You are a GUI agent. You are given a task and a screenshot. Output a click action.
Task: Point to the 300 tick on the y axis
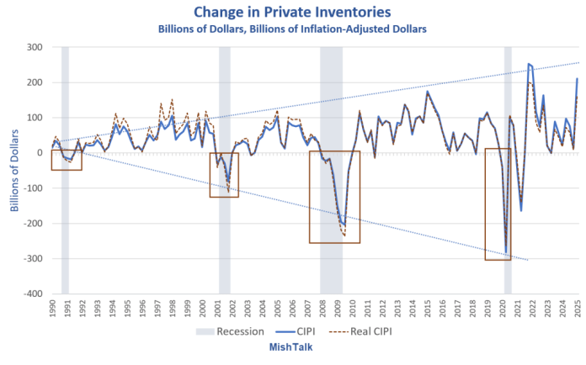tap(33, 47)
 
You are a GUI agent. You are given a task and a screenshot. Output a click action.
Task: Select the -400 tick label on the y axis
tap(30, 294)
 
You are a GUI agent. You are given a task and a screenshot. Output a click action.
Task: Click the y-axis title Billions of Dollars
tap(14, 171)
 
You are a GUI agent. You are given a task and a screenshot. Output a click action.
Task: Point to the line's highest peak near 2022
tap(528, 64)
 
